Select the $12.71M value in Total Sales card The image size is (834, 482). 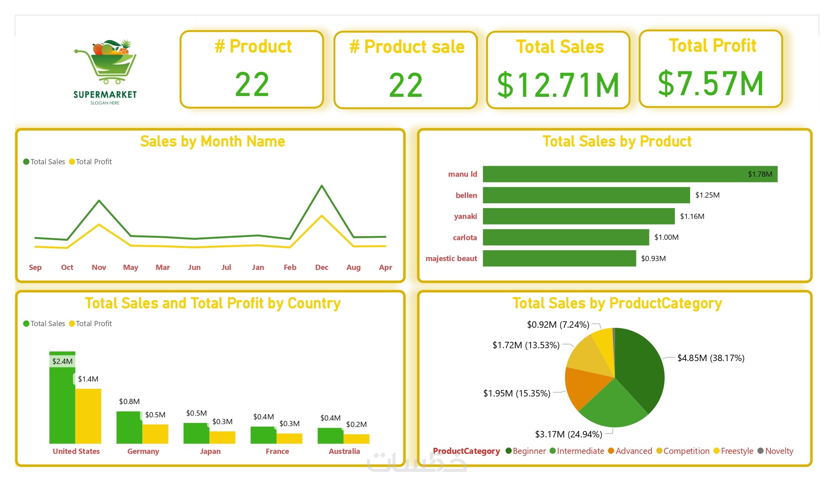pyautogui.click(x=558, y=85)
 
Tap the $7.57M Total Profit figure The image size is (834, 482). pyautogui.click(x=711, y=84)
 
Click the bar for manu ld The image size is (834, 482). pyautogui.click(x=630, y=174)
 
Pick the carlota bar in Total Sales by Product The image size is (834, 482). pyautogui.click(x=566, y=237)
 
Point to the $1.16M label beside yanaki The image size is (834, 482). pyautogui.click(x=692, y=216)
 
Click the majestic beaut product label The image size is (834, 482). pyautogui.click(x=451, y=259)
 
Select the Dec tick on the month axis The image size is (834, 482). pyautogui.click(x=322, y=268)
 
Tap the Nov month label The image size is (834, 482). pyautogui.click(x=99, y=268)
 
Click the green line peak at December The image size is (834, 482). pyautogui.click(x=322, y=186)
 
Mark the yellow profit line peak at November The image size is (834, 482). pyautogui.click(x=99, y=225)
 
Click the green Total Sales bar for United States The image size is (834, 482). pyautogui.click(x=62, y=402)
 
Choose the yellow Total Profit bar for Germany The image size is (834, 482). pyautogui.click(x=155, y=434)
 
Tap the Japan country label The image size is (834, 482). pyautogui.click(x=210, y=451)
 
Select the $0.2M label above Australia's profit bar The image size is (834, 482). pyautogui.click(x=356, y=425)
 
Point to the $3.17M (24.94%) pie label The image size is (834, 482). pyautogui.click(x=568, y=434)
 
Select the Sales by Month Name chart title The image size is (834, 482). pyautogui.click(x=212, y=141)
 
